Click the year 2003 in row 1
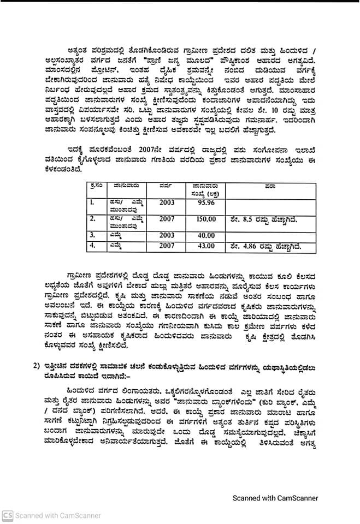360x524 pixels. [167, 203]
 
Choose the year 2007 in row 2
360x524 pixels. [167, 219]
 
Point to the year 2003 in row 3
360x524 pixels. [167, 235]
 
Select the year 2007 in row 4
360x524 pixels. [167, 246]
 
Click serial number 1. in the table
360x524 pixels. [93, 203]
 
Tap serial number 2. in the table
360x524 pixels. [93, 219]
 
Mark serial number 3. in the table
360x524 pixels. [93, 235]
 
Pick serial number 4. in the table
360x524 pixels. [93, 246]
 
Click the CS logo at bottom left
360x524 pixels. [7, 515]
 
